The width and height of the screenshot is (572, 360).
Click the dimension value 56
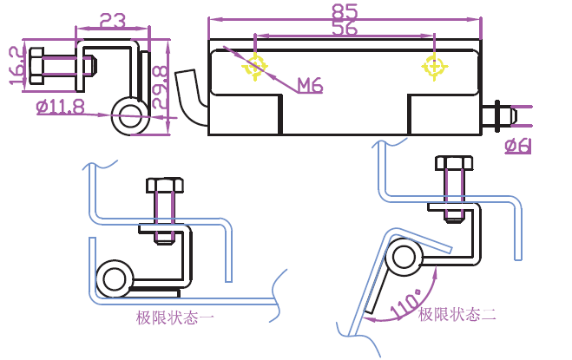point(345,29)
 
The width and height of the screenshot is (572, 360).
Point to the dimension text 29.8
point(160,87)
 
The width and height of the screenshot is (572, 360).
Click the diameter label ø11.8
point(60,108)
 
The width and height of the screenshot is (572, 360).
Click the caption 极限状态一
point(175,317)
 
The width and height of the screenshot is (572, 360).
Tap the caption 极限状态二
point(457,314)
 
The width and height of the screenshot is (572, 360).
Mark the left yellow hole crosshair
point(255,65)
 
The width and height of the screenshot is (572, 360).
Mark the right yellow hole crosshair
point(434,65)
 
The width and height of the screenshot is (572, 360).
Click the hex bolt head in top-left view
point(37,66)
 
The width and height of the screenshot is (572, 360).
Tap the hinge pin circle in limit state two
point(402,256)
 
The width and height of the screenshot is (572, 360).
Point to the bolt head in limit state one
point(165,185)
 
